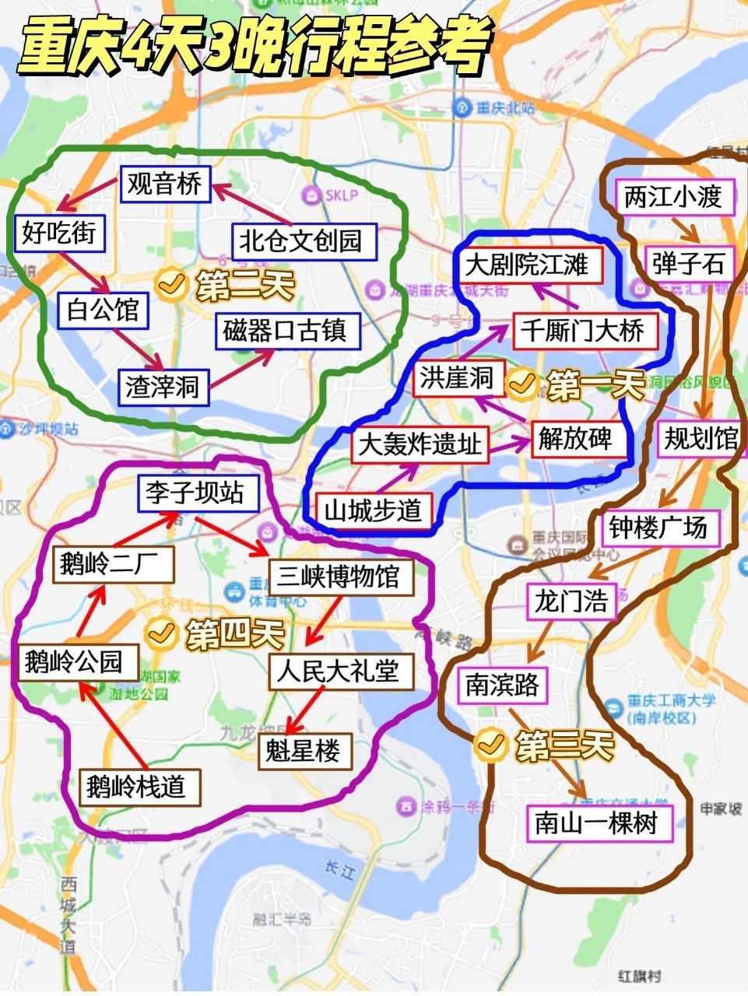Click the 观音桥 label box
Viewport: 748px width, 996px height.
pos(165,184)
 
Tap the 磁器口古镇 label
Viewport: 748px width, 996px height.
pos(284,331)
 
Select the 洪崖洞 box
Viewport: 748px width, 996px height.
pos(458,379)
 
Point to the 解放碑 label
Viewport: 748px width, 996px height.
pos(575,440)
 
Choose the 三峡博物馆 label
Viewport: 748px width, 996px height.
pos(339,577)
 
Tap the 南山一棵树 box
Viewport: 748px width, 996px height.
pos(596,822)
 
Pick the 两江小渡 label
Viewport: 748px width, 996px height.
pos(673,197)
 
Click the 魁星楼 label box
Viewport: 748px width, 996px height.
pos(304,751)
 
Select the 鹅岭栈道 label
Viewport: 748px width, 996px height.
pos(136,787)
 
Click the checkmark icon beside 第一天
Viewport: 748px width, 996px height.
pos(521,384)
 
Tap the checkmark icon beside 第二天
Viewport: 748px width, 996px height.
pos(170,284)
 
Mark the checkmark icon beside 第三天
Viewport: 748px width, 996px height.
pos(490,745)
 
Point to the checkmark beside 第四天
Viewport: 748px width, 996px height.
pos(160,633)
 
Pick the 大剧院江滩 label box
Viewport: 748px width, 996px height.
pos(527,265)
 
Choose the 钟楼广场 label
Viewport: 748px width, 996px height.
pos(658,528)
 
